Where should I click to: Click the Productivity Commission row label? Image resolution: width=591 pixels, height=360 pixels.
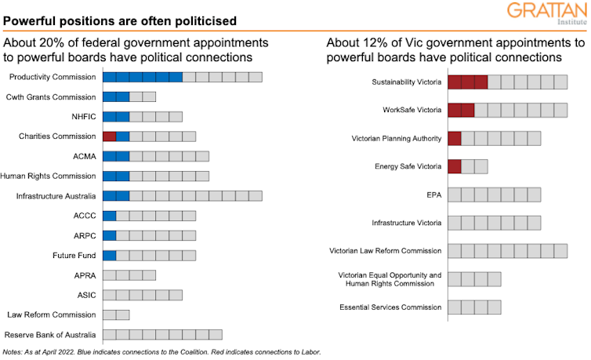(x=52, y=77)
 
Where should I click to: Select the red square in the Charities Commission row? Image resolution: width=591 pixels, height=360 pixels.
(x=109, y=136)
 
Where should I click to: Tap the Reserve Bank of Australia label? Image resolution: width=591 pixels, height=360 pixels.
(x=50, y=335)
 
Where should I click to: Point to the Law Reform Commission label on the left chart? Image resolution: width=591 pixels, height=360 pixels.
(x=52, y=315)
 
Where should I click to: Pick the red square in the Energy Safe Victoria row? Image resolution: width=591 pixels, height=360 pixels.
(x=455, y=166)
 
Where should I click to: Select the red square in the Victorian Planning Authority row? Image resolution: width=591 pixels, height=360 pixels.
(x=455, y=139)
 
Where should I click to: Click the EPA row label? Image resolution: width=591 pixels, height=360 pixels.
(x=433, y=195)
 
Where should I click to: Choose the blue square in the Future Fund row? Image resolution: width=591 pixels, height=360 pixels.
(x=109, y=256)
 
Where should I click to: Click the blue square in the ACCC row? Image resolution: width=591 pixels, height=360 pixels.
(x=109, y=216)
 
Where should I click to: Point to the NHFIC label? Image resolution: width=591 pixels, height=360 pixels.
(x=83, y=117)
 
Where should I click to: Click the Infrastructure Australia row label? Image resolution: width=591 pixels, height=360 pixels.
(x=56, y=196)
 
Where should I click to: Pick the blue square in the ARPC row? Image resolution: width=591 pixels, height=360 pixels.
(x=109, y=235)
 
